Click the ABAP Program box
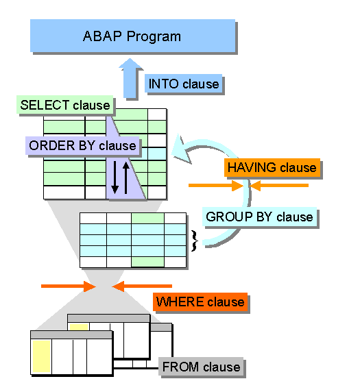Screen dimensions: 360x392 [132, 36]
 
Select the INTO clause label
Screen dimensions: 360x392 [184, 84]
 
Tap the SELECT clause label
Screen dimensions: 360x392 [64, 105]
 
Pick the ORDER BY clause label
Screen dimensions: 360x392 [82, 145]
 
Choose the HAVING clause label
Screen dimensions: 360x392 [272, 167]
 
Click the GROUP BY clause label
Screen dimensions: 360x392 [259, 217]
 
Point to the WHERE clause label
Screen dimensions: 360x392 [200, 302]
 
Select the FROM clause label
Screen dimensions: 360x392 [201, 367]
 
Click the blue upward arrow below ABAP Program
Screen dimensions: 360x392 [130, 78]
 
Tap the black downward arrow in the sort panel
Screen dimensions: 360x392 [115, 177]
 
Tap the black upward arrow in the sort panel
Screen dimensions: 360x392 [126, 177]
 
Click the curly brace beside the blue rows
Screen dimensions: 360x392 [194, 241]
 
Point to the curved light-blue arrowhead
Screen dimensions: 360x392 [181, 149]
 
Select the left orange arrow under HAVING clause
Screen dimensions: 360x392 [215, 186]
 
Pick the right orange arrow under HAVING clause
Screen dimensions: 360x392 [279, 186]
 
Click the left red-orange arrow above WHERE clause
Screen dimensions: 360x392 [69, 286]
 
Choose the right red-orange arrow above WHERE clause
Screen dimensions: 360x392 [142, 286]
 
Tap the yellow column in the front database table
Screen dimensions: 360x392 [42, 356]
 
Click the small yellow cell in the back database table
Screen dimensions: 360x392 [79, 328]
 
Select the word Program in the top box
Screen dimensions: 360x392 [154, 36]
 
